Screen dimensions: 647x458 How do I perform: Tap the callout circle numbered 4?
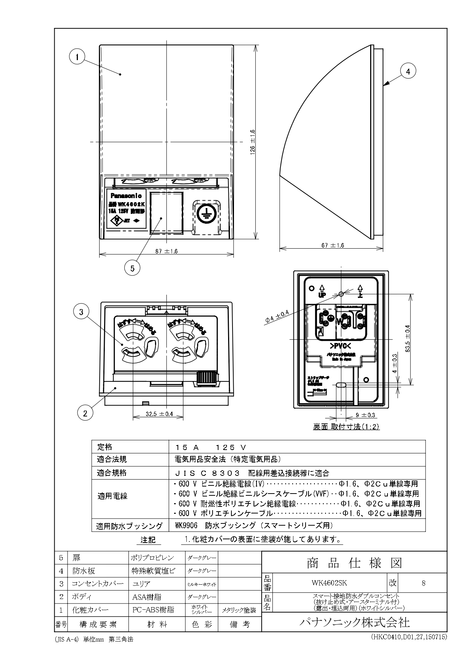408,72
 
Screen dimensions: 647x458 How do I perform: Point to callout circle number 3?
81,312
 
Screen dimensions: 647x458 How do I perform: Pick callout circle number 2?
85,413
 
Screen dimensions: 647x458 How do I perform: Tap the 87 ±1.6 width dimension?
166,251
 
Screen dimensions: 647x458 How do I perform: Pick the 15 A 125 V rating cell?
211,447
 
